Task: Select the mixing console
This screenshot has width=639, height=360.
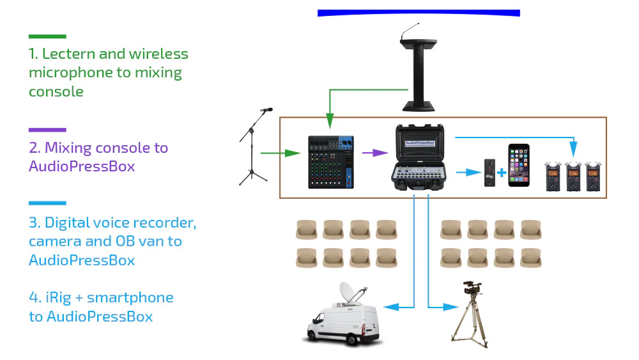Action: tap(330, 162)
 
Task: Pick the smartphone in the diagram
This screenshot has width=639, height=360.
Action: tap(519, 165)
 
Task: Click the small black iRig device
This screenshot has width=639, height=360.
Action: tap(490, 173)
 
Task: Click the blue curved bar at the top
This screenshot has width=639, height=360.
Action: tap(419, 13)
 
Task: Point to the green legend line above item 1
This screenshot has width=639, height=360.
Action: tap(47, 36)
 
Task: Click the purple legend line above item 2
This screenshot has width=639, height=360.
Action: tap(47, 130)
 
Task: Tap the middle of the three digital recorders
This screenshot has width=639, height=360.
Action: tap(574, 176)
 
